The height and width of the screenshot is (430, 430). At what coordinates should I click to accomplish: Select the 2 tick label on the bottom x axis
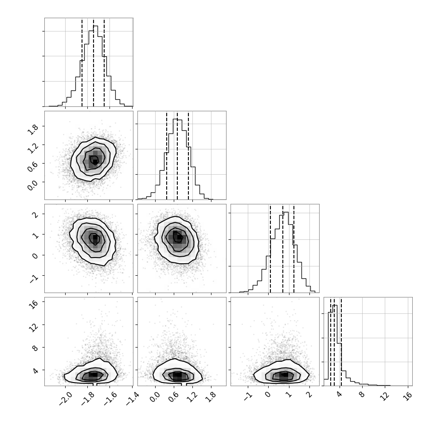click(309, 395)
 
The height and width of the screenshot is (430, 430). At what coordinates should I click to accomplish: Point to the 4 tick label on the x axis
click(340, 395)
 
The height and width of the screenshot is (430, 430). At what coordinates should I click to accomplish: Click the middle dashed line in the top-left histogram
click(94, 62)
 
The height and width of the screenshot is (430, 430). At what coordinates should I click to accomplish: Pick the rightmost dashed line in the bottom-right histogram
click(341, 341)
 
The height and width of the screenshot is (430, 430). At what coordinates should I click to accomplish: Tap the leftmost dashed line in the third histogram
click(270, 248)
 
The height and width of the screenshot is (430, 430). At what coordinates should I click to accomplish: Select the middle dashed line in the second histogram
click(177, 156)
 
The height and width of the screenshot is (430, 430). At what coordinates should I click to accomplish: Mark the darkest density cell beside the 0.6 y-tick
click(95, 162)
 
